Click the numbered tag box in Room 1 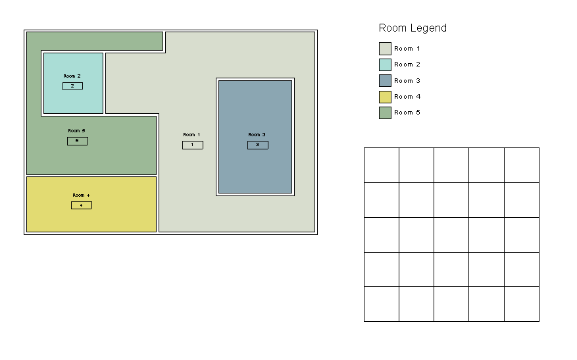[193, 145]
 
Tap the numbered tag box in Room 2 [72, 86]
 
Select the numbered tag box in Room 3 [258, 145]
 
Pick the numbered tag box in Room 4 [82, 205]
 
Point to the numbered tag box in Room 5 [77, 141]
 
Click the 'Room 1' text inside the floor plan [191, 135]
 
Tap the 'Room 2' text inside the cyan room [72, 76]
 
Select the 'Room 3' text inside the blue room [257, 135]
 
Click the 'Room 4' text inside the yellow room [81, 195]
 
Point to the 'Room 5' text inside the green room [76, 131]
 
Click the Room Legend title [413, 28]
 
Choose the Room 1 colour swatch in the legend [385, 49]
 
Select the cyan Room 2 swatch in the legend [385, 64]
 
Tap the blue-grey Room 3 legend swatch [385, 80]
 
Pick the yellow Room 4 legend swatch [385, 97]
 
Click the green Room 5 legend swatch [385, 113]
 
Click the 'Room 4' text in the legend [407, 97]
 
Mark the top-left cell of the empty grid [382, 165]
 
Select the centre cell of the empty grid [451, 235]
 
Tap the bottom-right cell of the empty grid [522, 304]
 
